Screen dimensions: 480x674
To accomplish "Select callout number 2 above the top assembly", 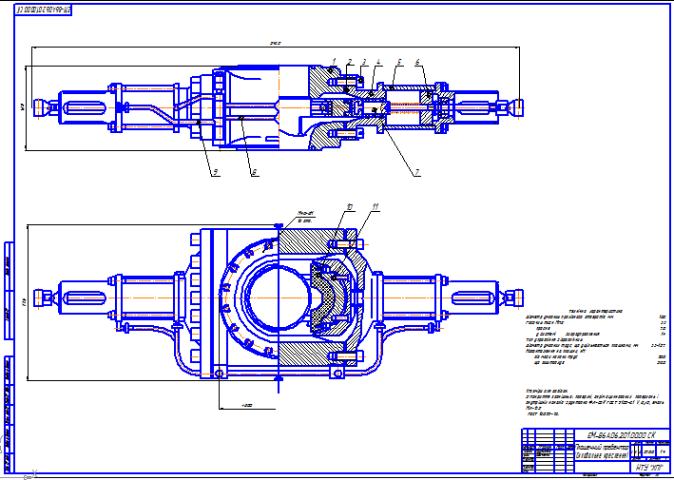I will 350,62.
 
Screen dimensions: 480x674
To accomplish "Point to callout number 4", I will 377,62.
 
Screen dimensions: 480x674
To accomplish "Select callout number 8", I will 254,172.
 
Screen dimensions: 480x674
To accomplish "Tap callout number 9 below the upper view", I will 216,172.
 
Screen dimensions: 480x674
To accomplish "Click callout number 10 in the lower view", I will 350,205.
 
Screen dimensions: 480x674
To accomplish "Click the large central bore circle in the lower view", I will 277,298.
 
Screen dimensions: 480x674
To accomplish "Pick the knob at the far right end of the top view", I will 516,106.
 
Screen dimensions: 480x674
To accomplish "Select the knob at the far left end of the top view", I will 38,106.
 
